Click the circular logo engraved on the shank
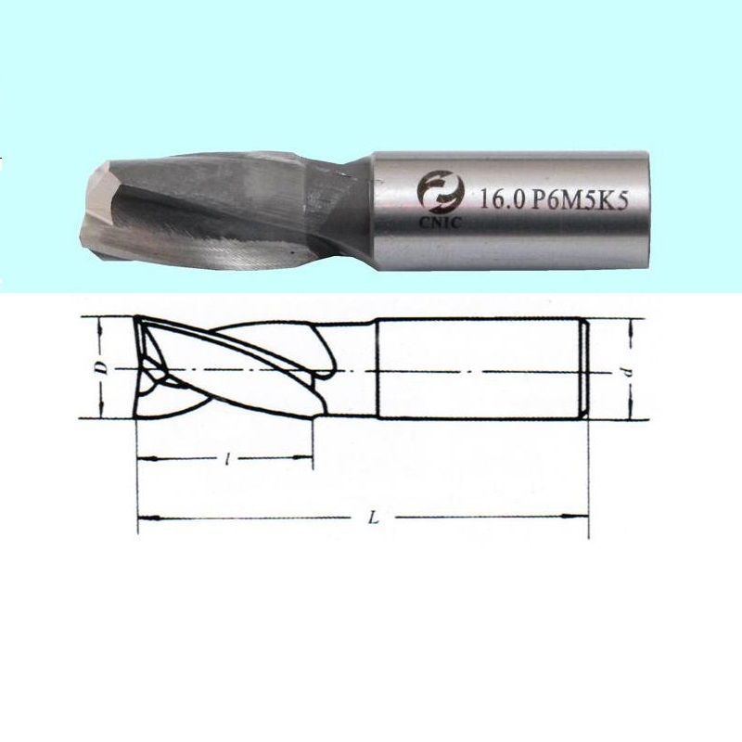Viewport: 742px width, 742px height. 439,193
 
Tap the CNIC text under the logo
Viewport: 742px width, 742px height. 440,223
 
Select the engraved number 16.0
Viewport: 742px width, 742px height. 502,200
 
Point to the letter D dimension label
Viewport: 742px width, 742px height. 103,368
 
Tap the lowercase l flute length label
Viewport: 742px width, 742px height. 227,458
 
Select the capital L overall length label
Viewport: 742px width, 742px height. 374,518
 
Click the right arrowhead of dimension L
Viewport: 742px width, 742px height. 577,516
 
